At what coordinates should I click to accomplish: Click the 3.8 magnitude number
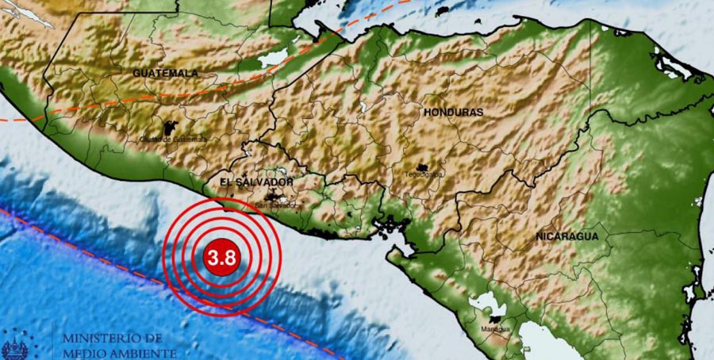[221, 257]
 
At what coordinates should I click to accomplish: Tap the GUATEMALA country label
[165, 73]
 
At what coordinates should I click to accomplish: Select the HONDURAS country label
[453, 113]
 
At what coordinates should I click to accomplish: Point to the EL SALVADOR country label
[256, 182]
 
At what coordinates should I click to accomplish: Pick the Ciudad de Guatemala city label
[172, 140]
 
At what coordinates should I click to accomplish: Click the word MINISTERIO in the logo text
[104, 338]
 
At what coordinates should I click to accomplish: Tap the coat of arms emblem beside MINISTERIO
[13, 347]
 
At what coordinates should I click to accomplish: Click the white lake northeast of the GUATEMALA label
[273, 57]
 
